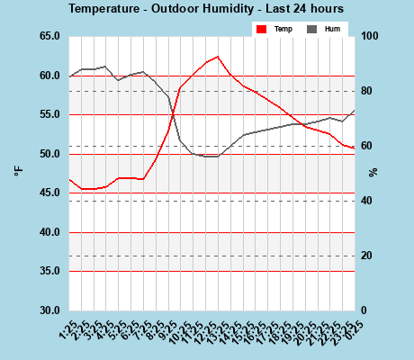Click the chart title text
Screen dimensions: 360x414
tap(206, 8)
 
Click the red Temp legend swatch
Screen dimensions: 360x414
tap(262, 29)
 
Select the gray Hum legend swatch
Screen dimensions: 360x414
tap(312, 29)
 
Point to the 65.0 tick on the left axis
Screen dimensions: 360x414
tap(49, 36)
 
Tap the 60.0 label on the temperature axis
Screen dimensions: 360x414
tap(49, 76)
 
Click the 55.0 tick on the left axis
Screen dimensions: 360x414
tap(49, 114)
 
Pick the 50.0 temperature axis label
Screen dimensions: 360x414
tap(49, 154)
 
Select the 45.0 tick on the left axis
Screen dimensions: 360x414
tap(49, 193)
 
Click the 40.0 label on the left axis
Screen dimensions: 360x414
tap(49, 232)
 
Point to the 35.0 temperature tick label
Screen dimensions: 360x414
tap(49, 271)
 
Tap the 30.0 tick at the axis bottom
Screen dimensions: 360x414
tap(49, 310)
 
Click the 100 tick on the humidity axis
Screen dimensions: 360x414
tap(370, 36)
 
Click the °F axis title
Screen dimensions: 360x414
tap(17, 172)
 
